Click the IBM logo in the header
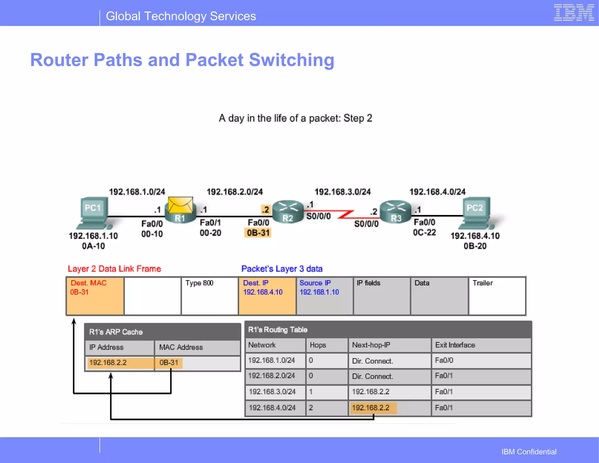574,13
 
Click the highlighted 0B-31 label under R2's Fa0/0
258,233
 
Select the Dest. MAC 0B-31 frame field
95,296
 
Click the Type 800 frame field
209,296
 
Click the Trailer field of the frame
497,296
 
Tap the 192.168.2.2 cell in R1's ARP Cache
119,363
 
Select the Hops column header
326,345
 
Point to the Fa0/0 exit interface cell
481,360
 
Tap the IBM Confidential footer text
529,452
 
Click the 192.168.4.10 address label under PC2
475,236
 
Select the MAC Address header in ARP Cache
197,348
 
